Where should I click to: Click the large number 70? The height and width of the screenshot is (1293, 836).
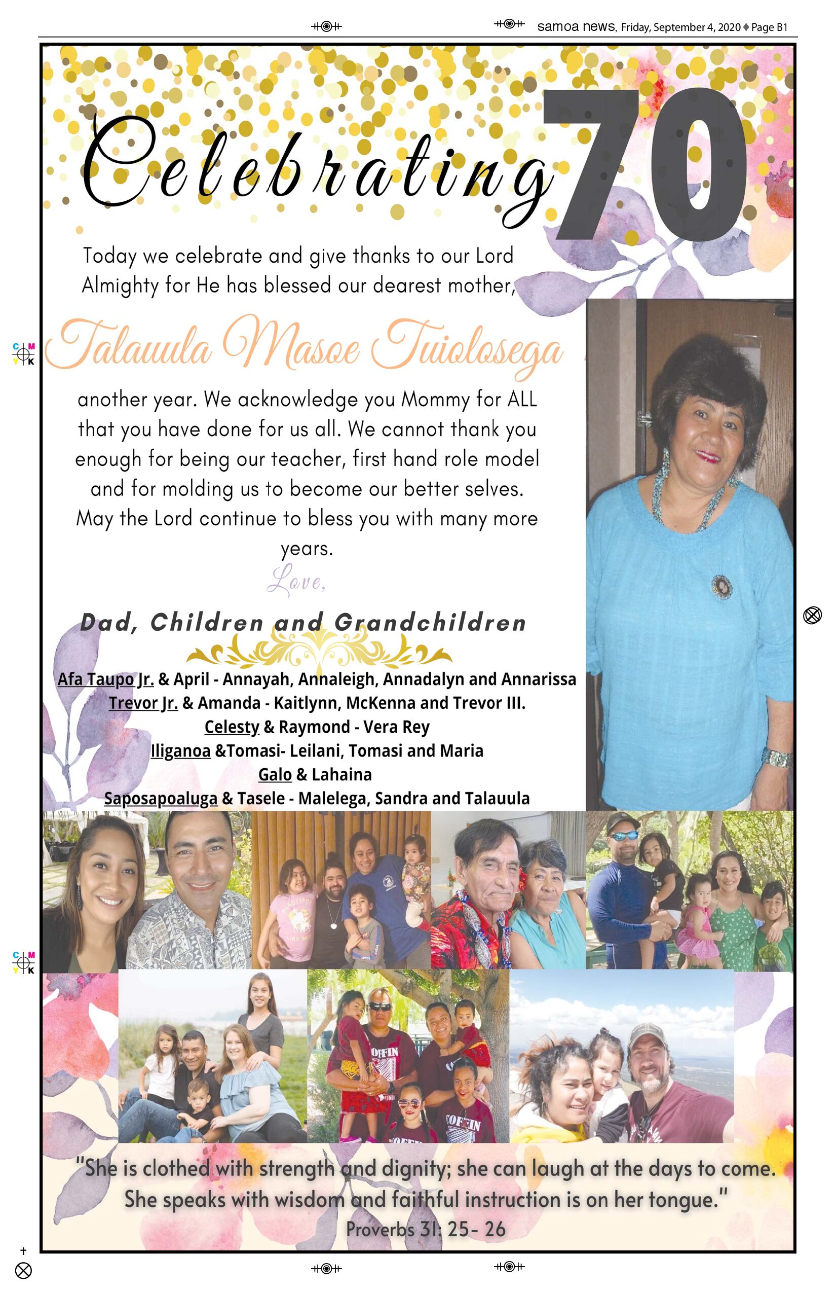pos(646,166)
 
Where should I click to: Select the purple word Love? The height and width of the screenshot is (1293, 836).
pos(296,581)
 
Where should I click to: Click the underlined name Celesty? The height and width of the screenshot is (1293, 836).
pos(232,727)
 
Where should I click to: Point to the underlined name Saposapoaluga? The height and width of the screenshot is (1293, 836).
pos(161,798)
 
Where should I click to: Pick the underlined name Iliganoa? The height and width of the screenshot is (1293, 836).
pos(180,751)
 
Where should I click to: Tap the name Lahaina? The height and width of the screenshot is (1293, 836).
pos(341,774)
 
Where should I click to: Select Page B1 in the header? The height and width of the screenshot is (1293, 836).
pos(769,27)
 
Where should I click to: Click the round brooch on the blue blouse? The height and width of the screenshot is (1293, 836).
pos(721,586)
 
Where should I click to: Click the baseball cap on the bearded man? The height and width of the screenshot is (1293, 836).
pos(649,1035)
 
